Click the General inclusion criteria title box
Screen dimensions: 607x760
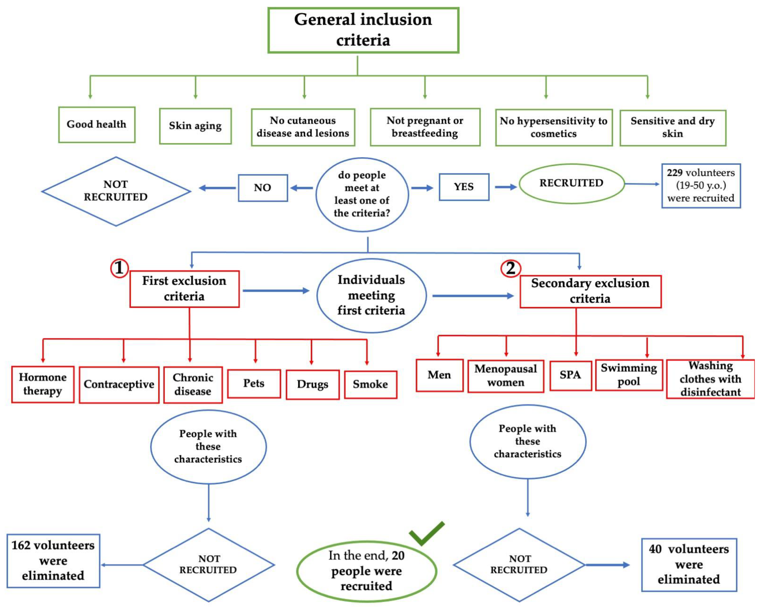pos(363,30)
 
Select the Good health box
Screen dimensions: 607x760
pos(97,125)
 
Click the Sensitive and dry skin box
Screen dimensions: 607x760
pos(673,128)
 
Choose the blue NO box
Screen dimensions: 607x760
pos(263,188)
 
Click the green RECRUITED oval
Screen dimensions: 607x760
pos(571,183)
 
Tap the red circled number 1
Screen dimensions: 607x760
pos(119,268)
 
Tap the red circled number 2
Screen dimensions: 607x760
pos(510,269)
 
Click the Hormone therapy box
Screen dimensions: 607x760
pos(43,384)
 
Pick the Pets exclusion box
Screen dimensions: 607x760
pos(254,383)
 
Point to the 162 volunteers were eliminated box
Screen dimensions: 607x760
pos(53,561)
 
